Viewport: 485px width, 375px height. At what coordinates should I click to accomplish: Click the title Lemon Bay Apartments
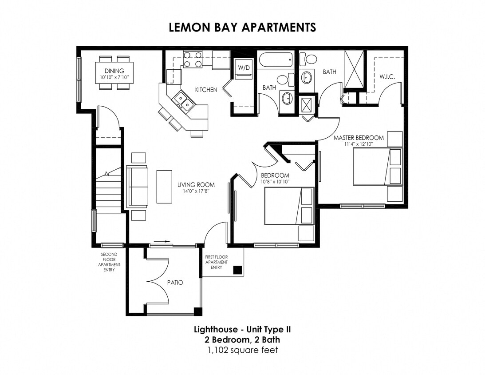coord(242,27)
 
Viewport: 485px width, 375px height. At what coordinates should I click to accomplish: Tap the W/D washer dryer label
coord(243,68)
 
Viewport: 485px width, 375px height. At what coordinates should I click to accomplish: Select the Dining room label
coord(114,71)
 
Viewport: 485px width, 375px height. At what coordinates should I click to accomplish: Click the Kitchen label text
coord(206,90)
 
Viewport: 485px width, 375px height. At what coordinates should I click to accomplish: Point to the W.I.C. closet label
coord(386,76)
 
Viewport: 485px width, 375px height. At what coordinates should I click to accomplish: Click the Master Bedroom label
coord(359,138)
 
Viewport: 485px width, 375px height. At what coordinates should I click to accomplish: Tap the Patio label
coord(175,282)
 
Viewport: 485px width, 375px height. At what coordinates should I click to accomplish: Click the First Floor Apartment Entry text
coord(217,262)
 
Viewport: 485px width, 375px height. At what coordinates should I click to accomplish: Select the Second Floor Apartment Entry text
coord(109,262)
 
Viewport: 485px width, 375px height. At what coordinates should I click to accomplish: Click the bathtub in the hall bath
coord(276,60)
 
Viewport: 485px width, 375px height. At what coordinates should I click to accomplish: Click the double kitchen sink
coord(183,100)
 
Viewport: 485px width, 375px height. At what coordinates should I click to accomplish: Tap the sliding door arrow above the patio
coord(162,242)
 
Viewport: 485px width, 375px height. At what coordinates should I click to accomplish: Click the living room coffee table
coord(164,186)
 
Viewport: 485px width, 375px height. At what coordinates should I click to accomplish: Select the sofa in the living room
coord(138,187)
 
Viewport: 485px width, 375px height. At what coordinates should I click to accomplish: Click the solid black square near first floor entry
coord(237,269)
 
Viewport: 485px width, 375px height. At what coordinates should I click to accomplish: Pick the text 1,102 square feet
coord(242,350)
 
